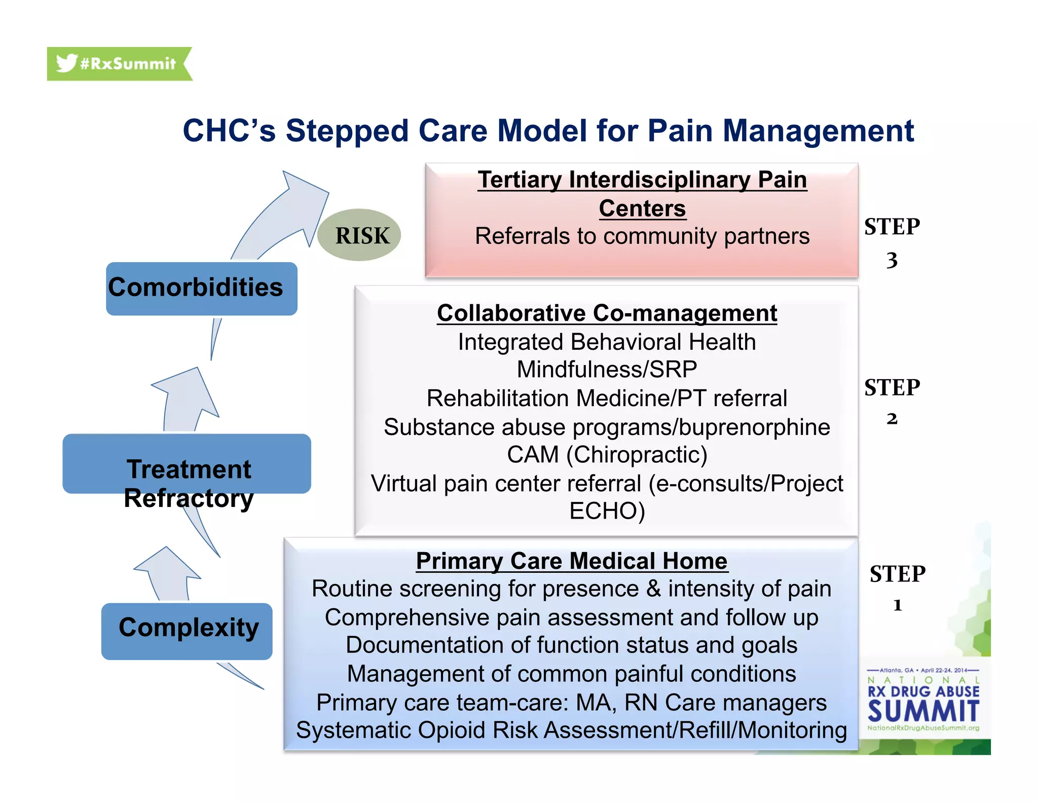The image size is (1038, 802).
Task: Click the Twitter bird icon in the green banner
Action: pos(66,63)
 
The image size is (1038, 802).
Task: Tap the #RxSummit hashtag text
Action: pos(128,64)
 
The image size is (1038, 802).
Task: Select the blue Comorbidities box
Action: pos(201,288)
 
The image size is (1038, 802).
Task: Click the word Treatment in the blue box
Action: pos(189,469)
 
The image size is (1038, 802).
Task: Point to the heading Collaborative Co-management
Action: pos(607,313)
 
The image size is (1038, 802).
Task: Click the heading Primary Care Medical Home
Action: pos(571,561)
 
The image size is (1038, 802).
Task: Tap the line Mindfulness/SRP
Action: pos(607,370)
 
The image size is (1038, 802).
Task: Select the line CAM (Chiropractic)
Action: pos(607,455)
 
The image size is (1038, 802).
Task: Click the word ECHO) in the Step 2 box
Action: pos(607,511)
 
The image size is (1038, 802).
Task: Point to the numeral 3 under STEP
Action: pos(892,261)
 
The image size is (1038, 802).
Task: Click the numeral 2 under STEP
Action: pos(892,419)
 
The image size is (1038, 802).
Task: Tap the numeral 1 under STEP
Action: pos(897,605)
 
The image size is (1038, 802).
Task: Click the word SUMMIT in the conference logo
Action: pos(923,711)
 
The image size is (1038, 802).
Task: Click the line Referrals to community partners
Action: pos(642,236)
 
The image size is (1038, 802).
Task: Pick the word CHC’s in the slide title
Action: pos(229,131)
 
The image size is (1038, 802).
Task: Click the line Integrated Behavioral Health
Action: pos(607,342)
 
